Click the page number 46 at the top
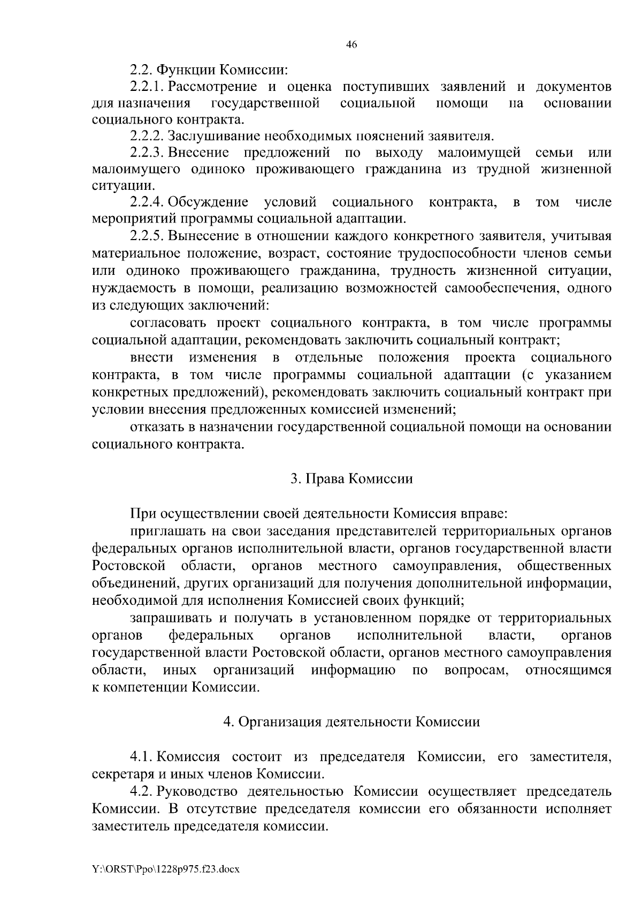click(351, 44)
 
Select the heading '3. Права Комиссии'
click(351, 478)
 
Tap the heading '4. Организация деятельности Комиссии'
click(351, 721)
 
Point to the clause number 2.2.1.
click(147, 87)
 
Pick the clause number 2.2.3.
click(147, 153)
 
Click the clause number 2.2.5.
click(147, 235)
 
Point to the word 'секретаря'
click(118, 773)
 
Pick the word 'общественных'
click(564, 566)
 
